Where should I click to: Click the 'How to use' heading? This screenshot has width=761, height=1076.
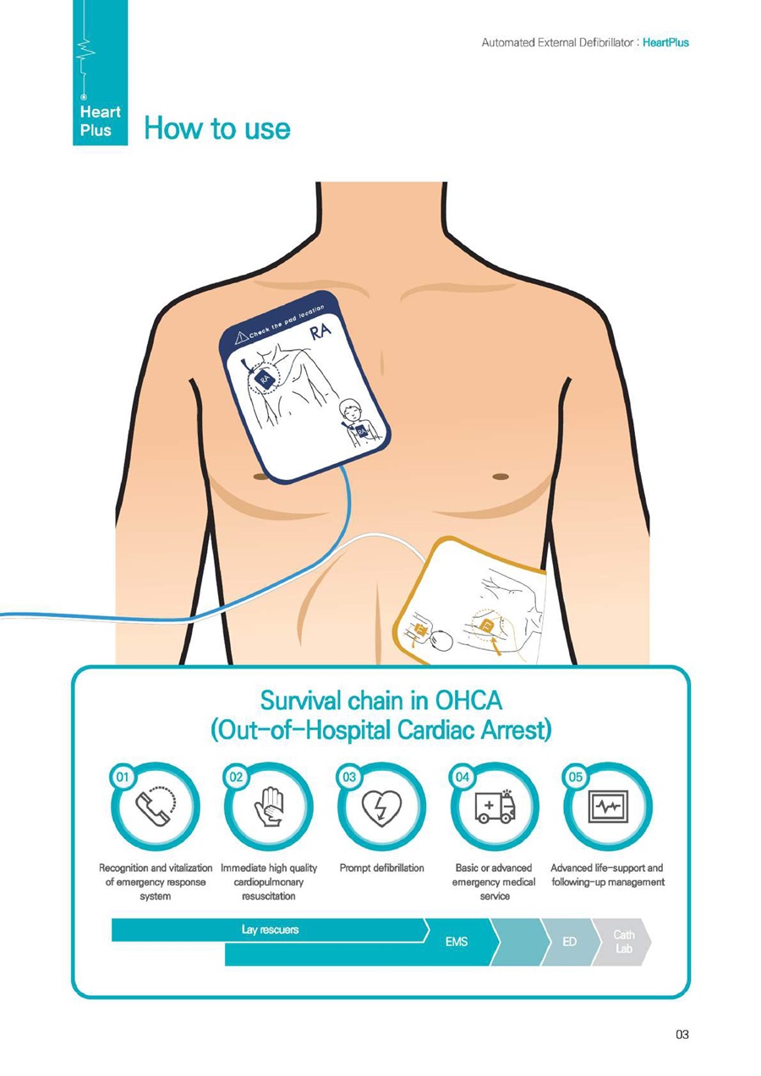217,128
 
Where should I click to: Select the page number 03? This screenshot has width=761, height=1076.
682,1032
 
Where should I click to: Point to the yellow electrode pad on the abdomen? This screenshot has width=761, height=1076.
470,599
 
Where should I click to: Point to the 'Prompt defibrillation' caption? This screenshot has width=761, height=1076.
381,868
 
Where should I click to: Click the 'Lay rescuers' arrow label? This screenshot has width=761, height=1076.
271,930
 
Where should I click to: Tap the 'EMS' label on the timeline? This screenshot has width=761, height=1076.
457,941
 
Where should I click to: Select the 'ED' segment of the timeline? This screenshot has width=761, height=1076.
570,941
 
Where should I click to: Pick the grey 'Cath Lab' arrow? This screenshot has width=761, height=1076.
624,941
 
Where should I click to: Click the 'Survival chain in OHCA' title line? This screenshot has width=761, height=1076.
380,701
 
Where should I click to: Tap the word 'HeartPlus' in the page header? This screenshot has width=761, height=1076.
665,42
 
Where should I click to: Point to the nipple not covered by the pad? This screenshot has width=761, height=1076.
501,476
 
